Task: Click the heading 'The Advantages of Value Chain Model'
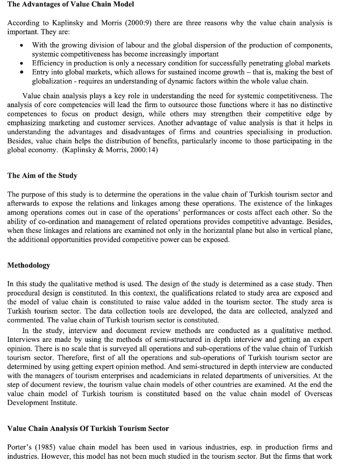[71, 5]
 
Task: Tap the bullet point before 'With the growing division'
[21, 45]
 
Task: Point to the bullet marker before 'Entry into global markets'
[21, 72]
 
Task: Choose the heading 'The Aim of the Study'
[42, 176]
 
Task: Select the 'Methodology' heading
[29, 265]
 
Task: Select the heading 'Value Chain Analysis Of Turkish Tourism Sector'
[88, 429]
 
